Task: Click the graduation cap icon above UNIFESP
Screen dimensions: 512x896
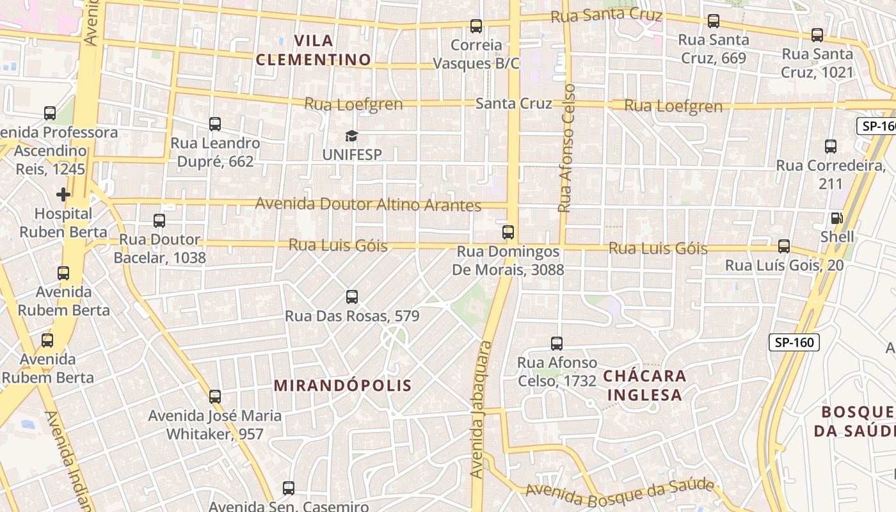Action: [x=351, y=136]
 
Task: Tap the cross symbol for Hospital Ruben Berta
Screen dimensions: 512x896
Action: [x=63, y=194]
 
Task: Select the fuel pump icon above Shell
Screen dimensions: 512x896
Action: [x=836, y=218]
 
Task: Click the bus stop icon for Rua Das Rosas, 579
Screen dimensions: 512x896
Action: [x=351, y=297]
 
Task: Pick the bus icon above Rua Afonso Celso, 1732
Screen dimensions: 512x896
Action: [x=557, y=344]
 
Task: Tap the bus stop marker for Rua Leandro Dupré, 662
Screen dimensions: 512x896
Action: [x=215, y=124]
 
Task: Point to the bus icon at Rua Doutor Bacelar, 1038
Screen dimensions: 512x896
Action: [x=159, y=221]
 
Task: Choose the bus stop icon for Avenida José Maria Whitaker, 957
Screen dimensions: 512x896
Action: [x=215, y=397]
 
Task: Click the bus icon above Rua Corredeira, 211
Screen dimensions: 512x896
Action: [x=831, y=147]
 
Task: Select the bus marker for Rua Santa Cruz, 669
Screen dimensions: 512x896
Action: [x=714, y=21]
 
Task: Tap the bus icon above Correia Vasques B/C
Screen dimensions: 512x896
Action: [x=476, y=26]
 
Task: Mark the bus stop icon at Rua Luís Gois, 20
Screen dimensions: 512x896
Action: [x=784, y=246]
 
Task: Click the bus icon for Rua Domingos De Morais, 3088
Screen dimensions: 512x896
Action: [x=508, y=232]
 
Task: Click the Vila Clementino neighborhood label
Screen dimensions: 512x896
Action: [x=314, y=51]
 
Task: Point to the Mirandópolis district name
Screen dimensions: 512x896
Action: [x=343, y=385]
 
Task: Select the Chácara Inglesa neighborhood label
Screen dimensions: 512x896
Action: [x=645, y=385]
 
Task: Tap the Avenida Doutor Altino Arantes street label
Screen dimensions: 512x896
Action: [x=368, y=205]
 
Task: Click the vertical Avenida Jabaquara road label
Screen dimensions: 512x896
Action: [x=481, y=410]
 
